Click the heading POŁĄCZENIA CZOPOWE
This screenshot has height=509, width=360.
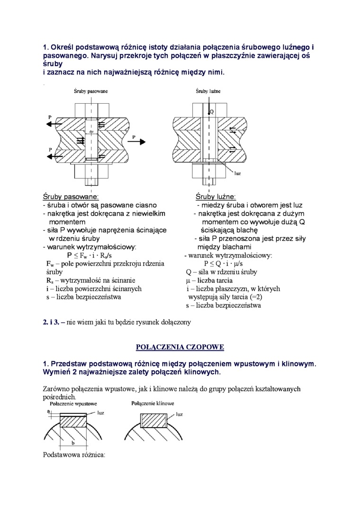click(x=180, y=347)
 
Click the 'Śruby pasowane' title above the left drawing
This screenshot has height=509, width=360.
click(x=91, y=90)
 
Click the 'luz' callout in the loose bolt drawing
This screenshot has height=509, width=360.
click(x=238, y=173)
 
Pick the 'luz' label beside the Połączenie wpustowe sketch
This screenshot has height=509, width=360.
click(x=100, y=413)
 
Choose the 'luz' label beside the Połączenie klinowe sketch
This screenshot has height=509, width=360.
click(x=180, y=414)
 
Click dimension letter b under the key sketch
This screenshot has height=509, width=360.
click(x=72, y=443)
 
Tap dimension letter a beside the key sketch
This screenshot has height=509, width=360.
click(x=48, y=412)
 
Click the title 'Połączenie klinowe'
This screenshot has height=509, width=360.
click(x=153, y=403)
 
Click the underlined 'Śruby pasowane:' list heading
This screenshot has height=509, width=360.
click(x=71, y=196)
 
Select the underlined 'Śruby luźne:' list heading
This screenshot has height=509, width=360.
click(x=216, y=196)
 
